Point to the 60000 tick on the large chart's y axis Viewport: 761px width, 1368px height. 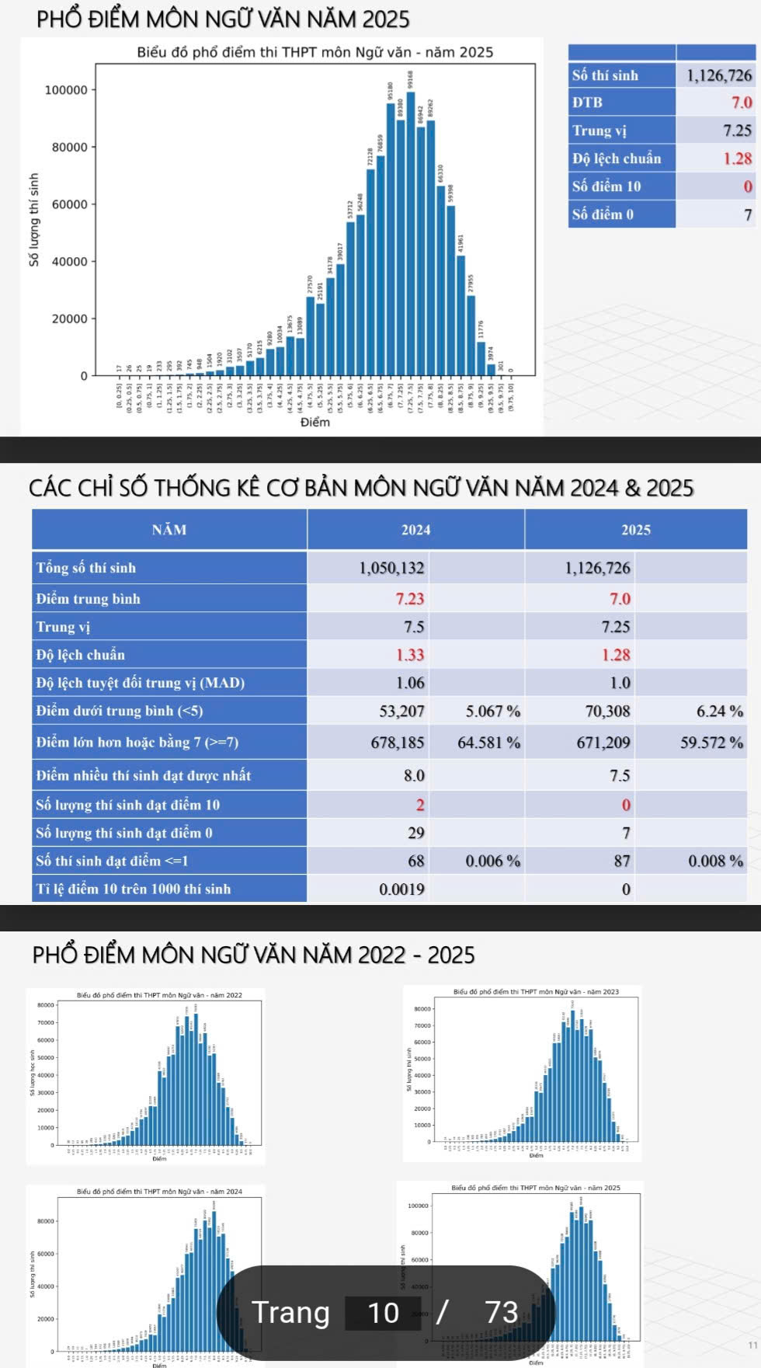click(69, 204)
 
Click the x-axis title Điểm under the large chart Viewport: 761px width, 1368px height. click(315, 422)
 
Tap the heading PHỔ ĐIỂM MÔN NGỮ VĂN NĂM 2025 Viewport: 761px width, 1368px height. click(223, 19)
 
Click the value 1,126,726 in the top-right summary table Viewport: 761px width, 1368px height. click(718, 75)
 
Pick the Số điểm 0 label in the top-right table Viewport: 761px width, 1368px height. click(603, 214)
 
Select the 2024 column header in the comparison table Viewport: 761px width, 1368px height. click(415, 530)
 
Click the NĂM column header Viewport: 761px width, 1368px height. click(169, 530)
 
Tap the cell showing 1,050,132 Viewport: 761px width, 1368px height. click(391, 568)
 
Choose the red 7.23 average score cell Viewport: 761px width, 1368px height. click(410, 599)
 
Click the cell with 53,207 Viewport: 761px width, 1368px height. click(401, 711)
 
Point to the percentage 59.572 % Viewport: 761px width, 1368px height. click(711, 743)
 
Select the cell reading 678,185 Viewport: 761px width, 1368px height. click(398, 743)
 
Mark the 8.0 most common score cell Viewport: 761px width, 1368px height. click(414, 775)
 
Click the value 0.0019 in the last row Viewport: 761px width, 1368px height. click(401, 889)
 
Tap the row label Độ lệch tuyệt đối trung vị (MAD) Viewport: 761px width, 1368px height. click(141, 683)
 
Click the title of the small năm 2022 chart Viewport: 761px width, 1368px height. click(159, 995)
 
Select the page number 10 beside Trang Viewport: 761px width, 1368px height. click(383, 1313)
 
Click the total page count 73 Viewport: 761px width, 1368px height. click(501, 1313)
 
